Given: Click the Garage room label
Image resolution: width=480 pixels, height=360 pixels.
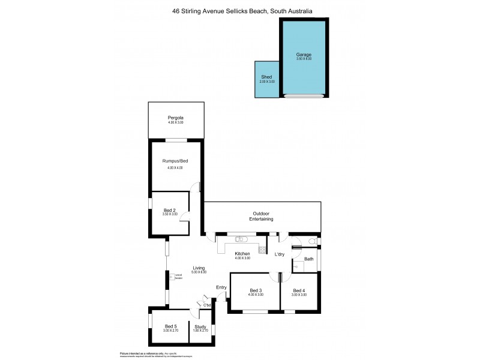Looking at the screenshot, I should (x=304, y=55).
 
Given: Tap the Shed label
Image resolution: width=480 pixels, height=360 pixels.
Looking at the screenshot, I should (x=267, y=77).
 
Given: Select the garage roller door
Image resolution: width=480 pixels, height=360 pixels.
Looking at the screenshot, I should (x=304, y=96).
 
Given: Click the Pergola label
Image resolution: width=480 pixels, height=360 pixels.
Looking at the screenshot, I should (x=176, y=118).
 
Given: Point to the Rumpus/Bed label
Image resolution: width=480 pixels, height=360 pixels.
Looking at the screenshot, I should (x=176, y=161).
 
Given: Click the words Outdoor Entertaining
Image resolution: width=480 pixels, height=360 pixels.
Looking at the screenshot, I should (x=261, y=217).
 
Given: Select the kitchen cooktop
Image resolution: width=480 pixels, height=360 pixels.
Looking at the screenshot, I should (x=262, y=249).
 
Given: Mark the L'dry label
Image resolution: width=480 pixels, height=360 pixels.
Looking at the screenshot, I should (x=280, y=255).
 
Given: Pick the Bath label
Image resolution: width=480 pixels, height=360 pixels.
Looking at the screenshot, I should (x=308, y=259).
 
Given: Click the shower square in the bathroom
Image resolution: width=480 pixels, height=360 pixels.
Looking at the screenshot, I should (x=298, y=266).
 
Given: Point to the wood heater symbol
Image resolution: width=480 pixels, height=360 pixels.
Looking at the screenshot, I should (x=172, y=277).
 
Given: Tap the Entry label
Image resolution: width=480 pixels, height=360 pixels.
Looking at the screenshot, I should (x=221, y=287).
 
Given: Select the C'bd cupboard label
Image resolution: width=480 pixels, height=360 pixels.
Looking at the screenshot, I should (x=208, y=305).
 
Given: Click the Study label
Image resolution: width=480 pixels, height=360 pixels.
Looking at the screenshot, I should (x=200, y=326).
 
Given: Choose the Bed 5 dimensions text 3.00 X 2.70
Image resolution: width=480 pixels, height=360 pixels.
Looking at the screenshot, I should (x=170, y=331).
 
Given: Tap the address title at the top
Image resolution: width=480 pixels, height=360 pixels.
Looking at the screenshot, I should (x=239, y=10).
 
